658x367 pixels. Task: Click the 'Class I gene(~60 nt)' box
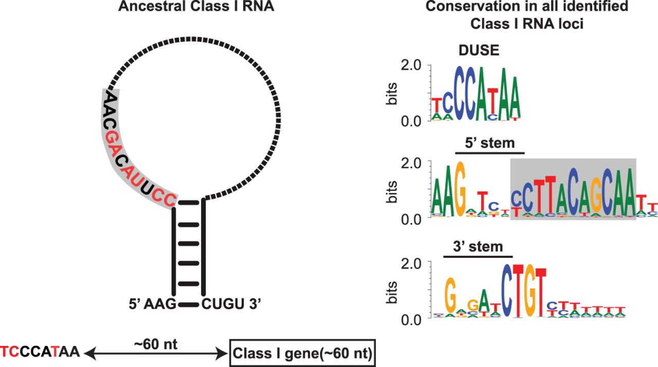302,354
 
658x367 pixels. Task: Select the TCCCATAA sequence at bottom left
40,353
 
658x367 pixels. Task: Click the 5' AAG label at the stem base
152,304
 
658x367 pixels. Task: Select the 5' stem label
489,143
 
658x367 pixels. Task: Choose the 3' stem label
478,247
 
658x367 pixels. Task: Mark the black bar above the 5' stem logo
489,153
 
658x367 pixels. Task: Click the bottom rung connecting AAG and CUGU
189,305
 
